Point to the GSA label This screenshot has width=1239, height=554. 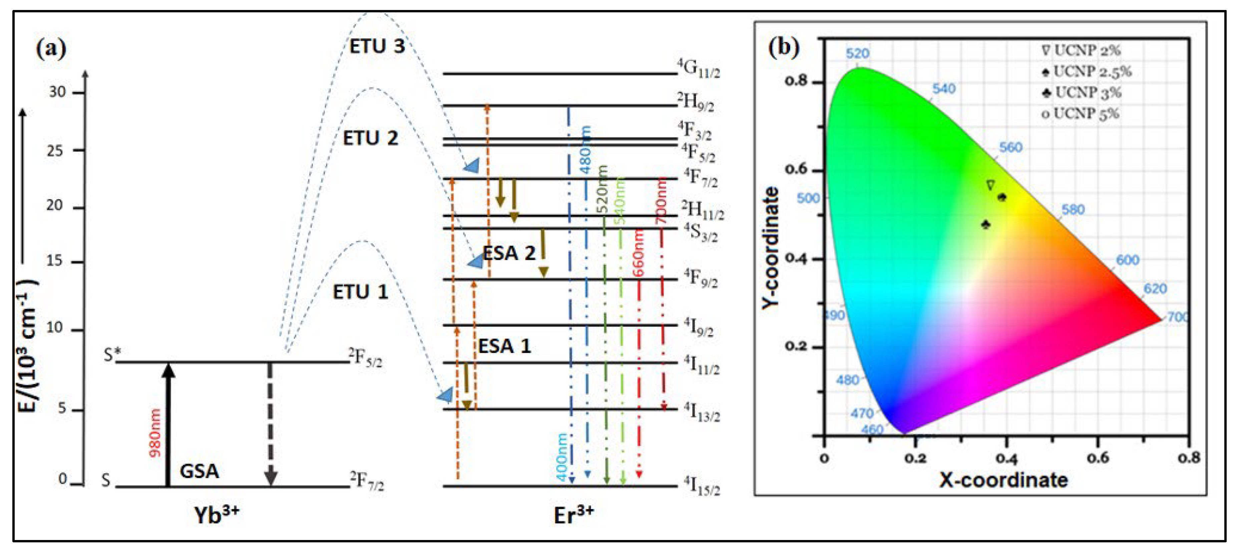point(199,471)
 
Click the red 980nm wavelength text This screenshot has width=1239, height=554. point(155,432)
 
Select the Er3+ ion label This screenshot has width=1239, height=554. point(573,515)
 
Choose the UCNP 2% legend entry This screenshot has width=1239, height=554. point(1081,50)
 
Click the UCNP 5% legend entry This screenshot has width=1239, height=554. point(1080,114)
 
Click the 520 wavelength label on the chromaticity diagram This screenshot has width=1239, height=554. point(858,53)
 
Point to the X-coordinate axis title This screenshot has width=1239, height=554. point(1003,480)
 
